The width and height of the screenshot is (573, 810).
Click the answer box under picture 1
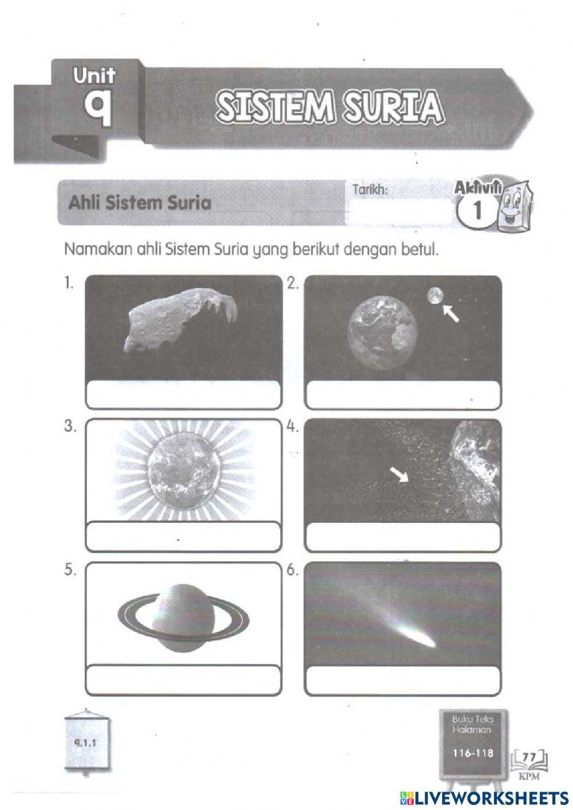pos(183,395)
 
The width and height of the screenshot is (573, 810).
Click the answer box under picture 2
pos(403,395)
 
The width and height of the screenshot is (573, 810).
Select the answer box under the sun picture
pos(183,537)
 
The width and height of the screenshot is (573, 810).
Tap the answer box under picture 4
pos(403,537)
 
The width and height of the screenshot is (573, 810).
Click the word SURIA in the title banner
pos(393,107)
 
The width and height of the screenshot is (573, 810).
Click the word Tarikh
pos(370,190)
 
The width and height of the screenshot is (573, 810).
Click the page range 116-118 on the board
pos(473,753)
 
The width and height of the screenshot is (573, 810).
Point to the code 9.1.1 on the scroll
pos(87,741)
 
